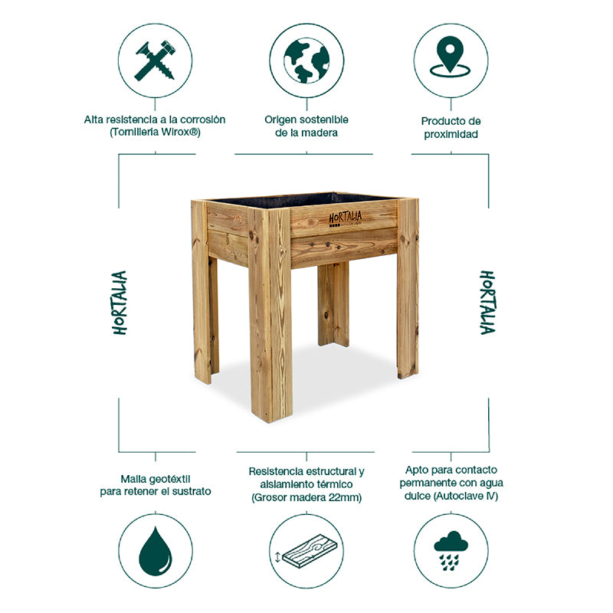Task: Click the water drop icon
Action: (156, 551)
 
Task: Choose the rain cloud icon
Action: (451, 551)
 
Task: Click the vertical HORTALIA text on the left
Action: (120, 302)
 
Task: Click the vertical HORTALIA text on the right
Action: (487, 302)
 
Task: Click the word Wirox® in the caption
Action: (182, 133)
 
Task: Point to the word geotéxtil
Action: (172, 477)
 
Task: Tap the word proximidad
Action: (451, 134)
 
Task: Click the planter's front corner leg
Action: (270, 322)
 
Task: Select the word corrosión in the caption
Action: (199, 120)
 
